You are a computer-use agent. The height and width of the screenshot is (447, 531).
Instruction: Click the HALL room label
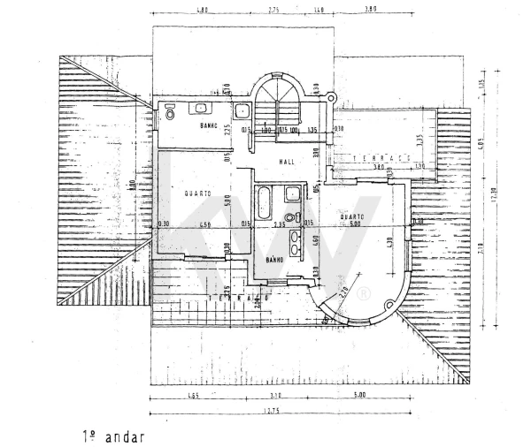click(x=287, y=162)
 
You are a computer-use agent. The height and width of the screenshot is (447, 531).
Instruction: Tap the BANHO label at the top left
click(x=209, y=126)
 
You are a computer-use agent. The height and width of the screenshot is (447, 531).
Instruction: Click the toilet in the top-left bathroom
click(x=169, y=113)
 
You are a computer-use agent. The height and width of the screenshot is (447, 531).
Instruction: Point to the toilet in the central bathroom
click(x=289, y=216)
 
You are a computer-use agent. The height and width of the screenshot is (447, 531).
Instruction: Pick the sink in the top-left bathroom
click(x=202, y=108)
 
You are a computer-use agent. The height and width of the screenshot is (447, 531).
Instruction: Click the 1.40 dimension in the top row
click(x=319, y=9)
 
